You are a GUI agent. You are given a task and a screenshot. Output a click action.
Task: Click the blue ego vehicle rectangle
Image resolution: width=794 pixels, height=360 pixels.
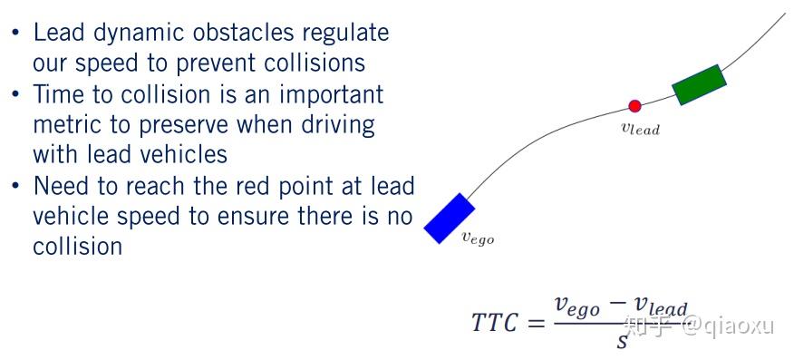(450, 219)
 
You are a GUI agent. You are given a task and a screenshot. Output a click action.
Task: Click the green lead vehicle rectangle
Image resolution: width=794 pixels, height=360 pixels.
(700, 85)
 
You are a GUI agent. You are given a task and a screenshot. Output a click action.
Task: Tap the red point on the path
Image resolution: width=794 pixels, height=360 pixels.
(634, 106)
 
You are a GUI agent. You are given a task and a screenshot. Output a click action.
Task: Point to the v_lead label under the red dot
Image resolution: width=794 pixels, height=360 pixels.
(640, 129)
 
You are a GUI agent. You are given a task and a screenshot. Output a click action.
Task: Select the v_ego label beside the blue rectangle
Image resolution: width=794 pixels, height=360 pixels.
(478, 238)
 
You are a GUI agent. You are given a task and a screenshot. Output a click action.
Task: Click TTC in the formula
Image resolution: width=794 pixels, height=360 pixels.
(494, 322)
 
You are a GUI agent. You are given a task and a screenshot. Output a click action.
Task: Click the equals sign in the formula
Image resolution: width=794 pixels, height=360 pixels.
(537, 323)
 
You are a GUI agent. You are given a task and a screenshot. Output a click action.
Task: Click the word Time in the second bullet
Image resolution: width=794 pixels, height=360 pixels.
(59, 94)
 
